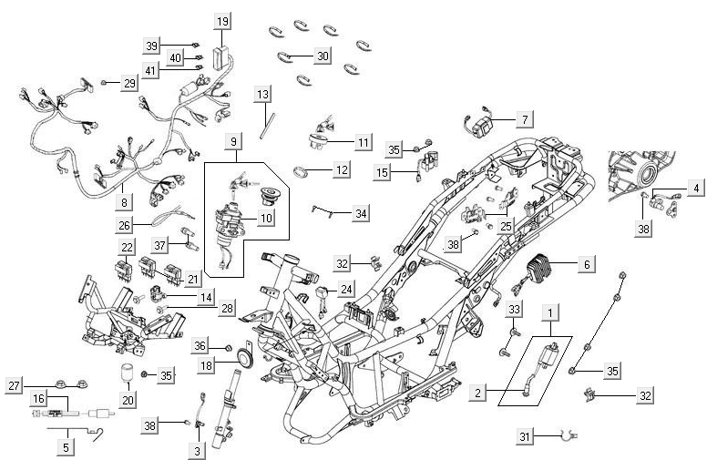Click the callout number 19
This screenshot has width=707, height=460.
pos(223,20)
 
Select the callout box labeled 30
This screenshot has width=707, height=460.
pos(323,56)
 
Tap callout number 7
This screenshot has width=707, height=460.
pos(524,119)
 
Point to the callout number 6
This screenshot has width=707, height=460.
pos(586,264)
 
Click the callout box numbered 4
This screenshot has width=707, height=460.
pos(695,189)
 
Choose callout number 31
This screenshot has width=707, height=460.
pos(524,437)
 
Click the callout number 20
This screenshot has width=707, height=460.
pos(127,399)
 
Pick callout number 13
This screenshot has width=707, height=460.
pos(262,95)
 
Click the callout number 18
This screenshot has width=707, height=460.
pos(207,365)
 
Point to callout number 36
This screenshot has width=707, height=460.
pos(200,346)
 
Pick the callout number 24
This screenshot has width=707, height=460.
pos(345,290)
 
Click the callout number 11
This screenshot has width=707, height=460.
pos(364,142)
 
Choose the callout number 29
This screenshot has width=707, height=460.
pos(129,83)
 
